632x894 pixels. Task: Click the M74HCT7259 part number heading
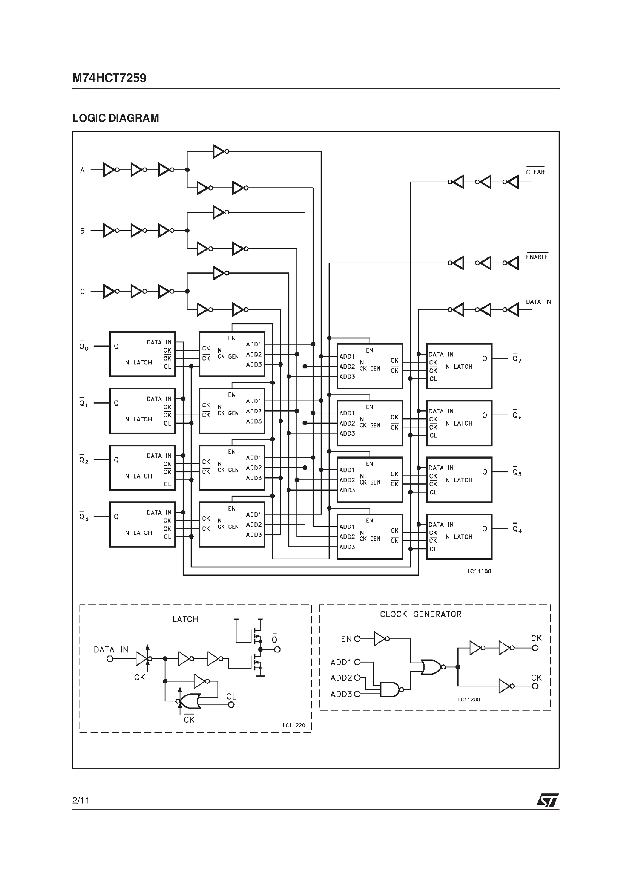point(109,78)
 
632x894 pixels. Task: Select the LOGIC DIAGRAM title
point(116,118)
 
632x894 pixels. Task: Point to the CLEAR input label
point(535,172)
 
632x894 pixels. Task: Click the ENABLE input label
point(537,257)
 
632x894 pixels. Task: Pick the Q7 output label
point(517,359)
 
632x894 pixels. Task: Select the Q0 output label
point(84,346)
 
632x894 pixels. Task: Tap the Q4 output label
point(517,529)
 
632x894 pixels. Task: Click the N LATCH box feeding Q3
point(142,524)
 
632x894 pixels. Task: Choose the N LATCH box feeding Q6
point(459,423)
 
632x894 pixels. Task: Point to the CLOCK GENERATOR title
point(420,614)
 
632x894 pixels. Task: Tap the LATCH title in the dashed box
point(185,619)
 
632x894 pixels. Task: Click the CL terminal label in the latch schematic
point(231,696)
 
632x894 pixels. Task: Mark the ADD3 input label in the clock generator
point(341,694)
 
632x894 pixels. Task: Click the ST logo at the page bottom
point(548,800)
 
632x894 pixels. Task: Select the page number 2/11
point(81,800)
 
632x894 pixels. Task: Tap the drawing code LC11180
point(479,571)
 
